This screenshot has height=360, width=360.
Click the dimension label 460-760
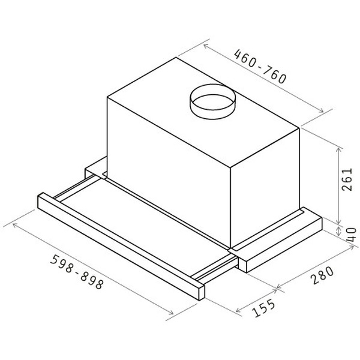pos(260,67)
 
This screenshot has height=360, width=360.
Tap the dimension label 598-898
pos(77,272)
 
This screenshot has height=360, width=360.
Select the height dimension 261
pos(347,179)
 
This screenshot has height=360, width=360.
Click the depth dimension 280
pos(322,275)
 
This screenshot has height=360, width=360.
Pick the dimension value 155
pos(263,308)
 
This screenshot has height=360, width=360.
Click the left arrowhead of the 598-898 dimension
pos(14,224)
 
